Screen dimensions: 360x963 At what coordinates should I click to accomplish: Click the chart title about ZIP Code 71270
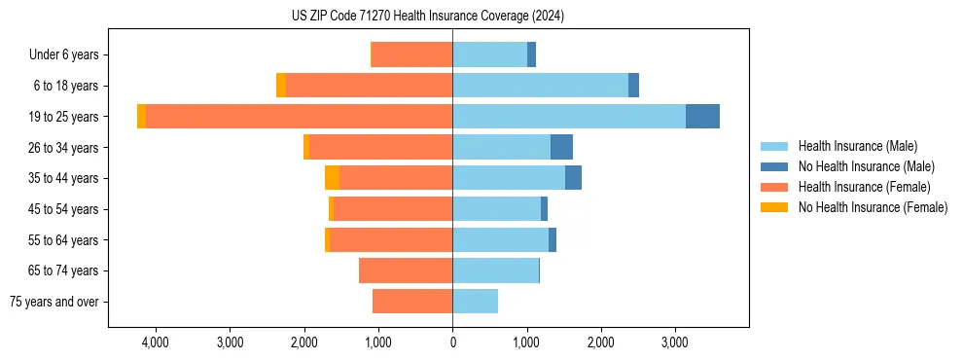tap(427, 17)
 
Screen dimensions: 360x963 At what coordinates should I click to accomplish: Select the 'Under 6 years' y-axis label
tap(63, 55)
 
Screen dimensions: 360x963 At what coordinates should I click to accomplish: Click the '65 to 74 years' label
tap(64, 270)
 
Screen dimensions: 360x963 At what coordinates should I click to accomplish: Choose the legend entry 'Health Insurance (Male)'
tap(857, 146)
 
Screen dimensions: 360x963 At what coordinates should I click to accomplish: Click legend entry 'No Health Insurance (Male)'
tap(866, 166)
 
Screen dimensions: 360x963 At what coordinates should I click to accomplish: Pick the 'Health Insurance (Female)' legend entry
tap(864, 187)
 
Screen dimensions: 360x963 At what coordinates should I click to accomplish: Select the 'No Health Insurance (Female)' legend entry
tap(873, 207)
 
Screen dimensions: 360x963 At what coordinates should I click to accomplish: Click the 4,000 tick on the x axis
tap(156, 343)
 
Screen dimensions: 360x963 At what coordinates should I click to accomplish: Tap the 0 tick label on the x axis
tap(452, 343)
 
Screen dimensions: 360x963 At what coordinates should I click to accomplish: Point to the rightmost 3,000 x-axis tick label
tap(675, 343)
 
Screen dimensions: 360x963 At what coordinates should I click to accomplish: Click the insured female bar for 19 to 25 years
tap(299, 117)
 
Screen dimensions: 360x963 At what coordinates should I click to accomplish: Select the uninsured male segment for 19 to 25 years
tap(702, 117)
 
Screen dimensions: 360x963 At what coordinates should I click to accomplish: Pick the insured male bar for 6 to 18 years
tap(540, 86)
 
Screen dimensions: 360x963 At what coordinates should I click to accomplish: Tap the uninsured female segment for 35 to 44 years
tap(332, 178)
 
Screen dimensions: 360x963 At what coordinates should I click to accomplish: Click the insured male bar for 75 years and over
tap(475, 302)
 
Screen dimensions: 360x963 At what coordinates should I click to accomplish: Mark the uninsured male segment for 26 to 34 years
tap(561, 147)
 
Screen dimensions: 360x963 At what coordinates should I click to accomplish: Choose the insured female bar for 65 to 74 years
tap(406, 270)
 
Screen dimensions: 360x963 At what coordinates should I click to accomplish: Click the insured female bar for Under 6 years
tap(412, 55)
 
